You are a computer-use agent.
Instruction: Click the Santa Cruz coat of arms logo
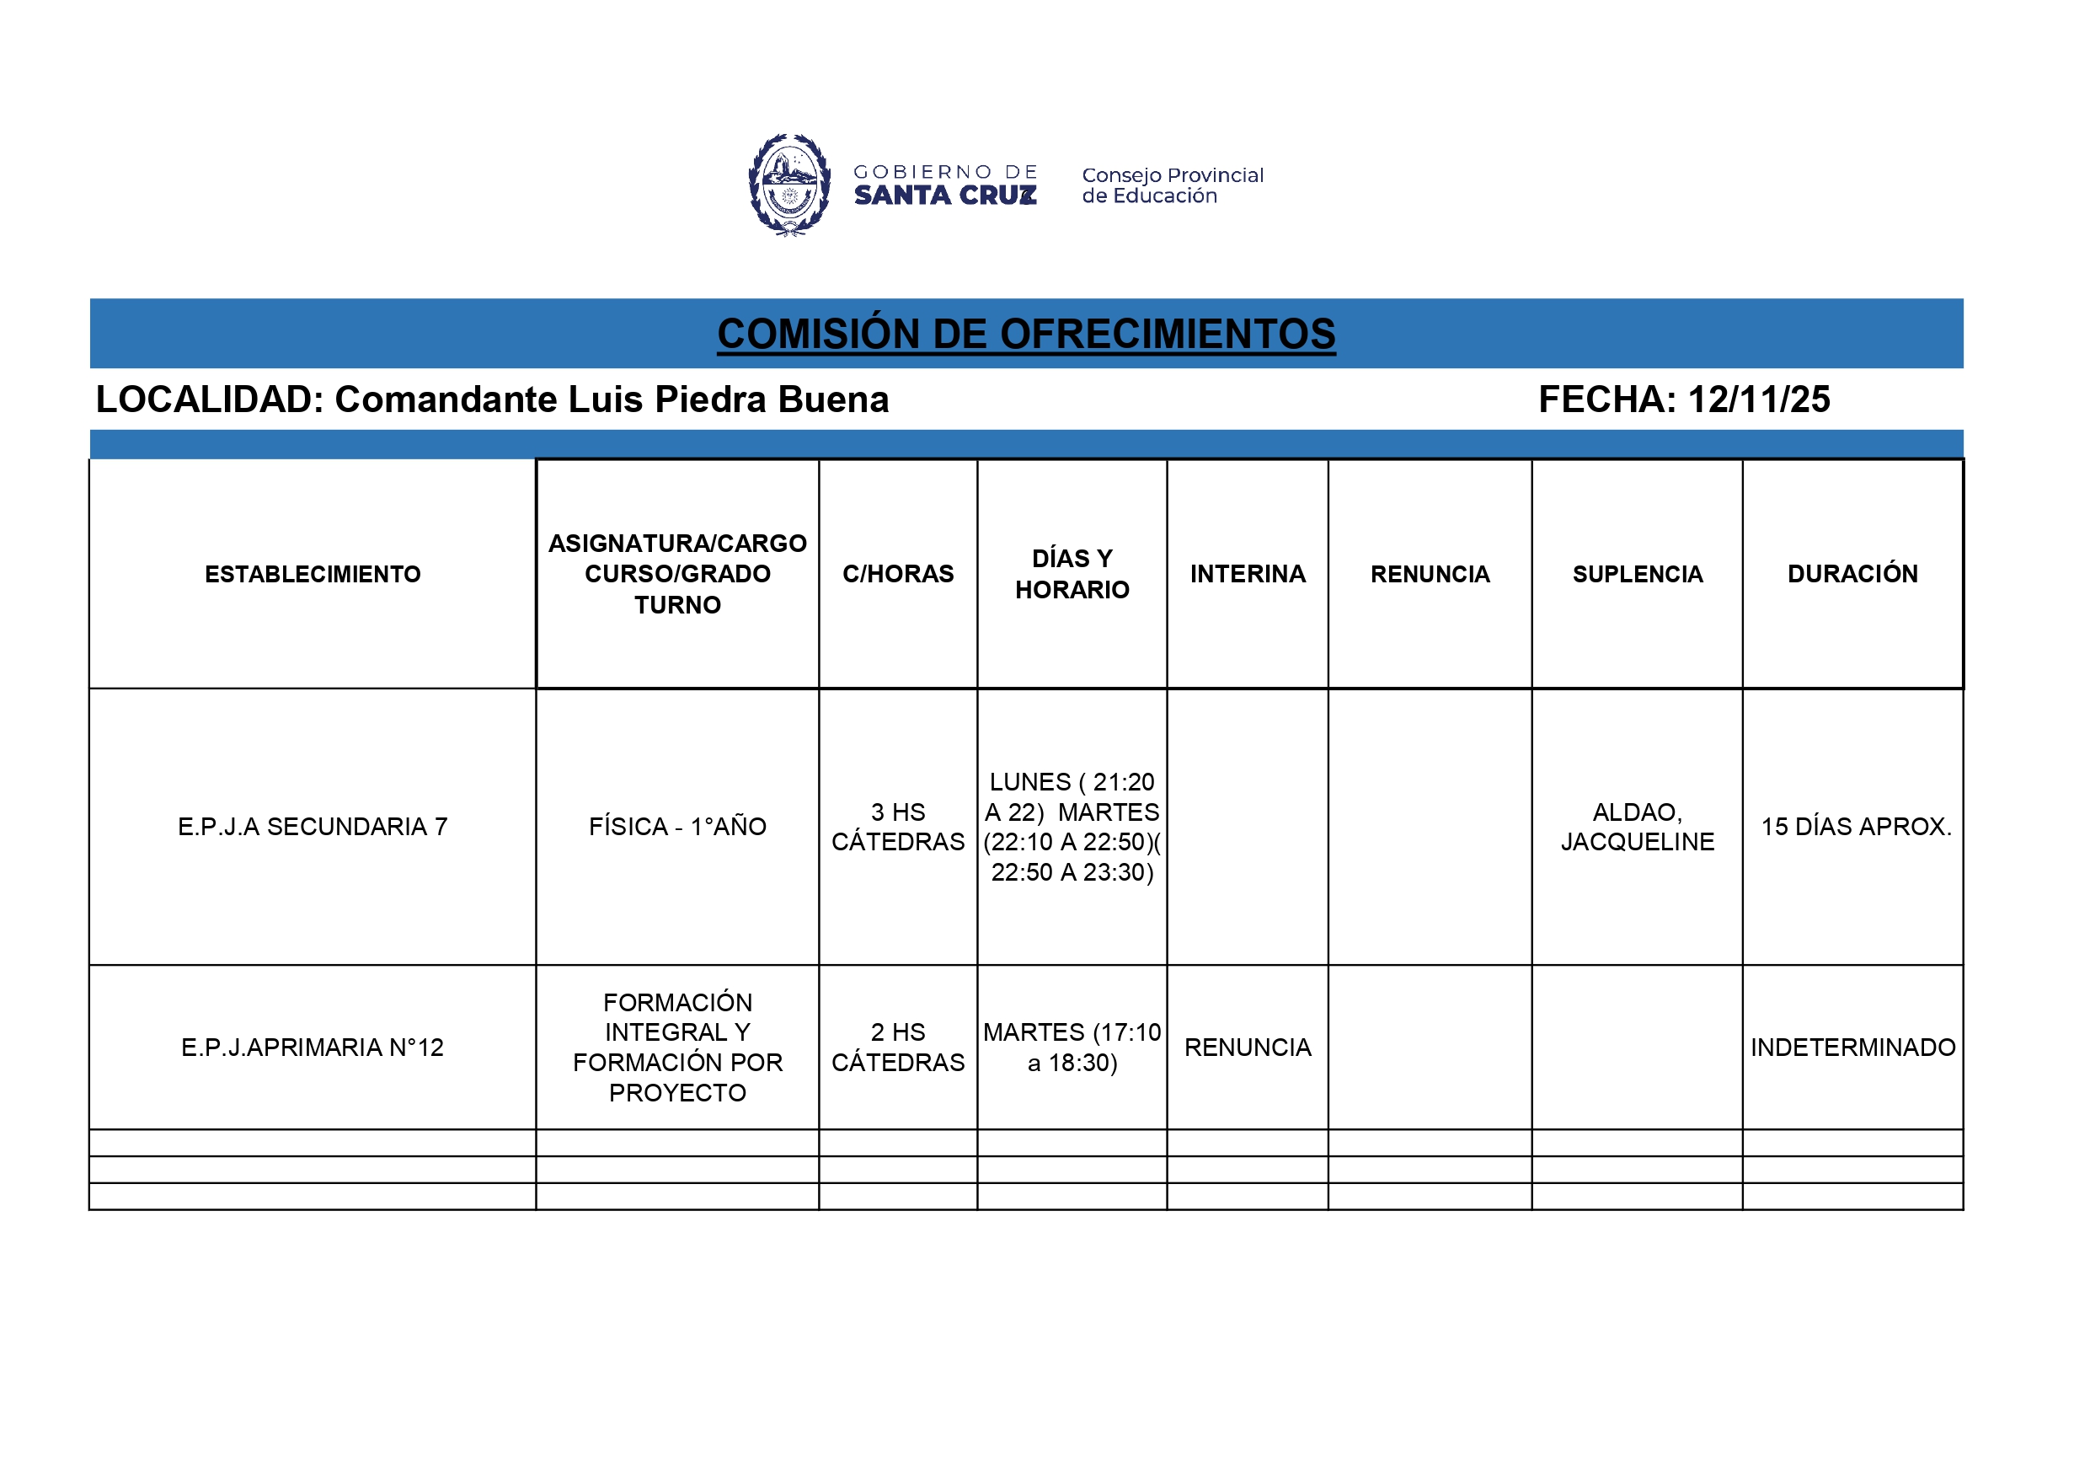(789, 185)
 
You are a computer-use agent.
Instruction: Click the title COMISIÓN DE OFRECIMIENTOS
(1026, 335)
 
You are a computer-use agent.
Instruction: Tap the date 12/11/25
(1758, 399)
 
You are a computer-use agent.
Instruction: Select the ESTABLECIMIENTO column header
(313, 575)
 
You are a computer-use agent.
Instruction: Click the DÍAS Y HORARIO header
(1072, 575)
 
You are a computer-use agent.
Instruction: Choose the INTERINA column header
(1247, 575)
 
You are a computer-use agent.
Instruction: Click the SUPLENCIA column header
(1637, 575)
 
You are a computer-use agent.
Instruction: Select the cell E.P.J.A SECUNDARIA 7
(313, 827)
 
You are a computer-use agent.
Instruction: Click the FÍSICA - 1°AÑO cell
(677, 827)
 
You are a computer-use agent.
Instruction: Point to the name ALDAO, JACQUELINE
(1637, 827)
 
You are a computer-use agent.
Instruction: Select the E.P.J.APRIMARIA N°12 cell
(313, 1048)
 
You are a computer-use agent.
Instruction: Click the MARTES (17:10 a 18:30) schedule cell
(1072, 1048)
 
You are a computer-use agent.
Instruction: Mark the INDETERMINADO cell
(1852, 1048)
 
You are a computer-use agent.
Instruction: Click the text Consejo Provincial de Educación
(1172, 185)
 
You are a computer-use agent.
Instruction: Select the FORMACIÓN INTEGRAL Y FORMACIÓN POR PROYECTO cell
(677, 1048)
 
